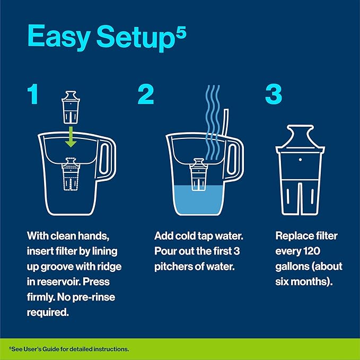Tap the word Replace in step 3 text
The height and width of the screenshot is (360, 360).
tap(294, 235)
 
